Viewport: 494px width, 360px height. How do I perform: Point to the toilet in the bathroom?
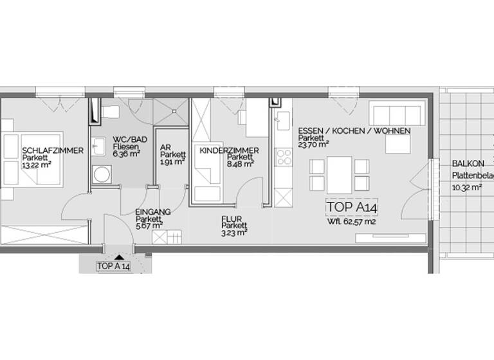click(x=109, y=113)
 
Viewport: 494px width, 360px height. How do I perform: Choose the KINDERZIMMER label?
click(x=230, y=150)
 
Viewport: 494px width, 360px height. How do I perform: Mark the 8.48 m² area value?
click(x=241, y=163)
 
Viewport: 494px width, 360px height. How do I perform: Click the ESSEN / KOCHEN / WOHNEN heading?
click(x=354, y=130)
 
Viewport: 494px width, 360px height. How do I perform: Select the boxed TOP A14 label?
click(x=352, y=207)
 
